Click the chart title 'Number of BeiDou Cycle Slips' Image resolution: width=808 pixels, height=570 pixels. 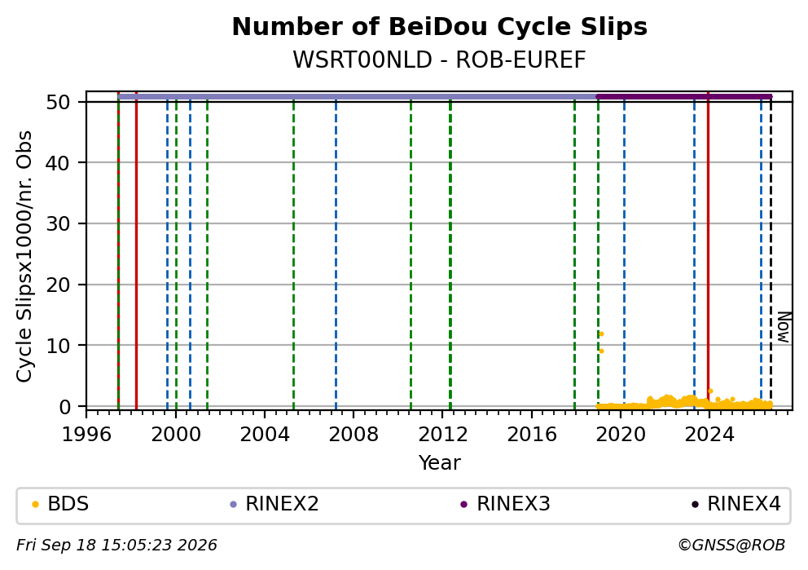pyautogui.click(x=440, y=27)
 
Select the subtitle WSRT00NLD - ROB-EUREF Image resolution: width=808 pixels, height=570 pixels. pyautogui.click(x=440, y=60)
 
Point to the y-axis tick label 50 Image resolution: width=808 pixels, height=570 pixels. pyautogui.click(x=58, y=102)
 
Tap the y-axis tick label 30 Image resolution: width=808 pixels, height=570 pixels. pyautogui.click(x=58, y=224)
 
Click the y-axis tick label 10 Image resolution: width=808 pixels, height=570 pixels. pyautogui.click(x=58, y=346)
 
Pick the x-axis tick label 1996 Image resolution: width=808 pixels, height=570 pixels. pyautogui.click(x=86, y=435)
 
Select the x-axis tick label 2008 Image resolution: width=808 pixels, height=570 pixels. pyautogui.click(x=353, y=435)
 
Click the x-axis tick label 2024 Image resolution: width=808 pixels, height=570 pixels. pyautogui.click(x=709, y=435)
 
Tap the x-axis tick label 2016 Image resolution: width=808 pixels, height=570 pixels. pyautogui.click(x=532, y=435)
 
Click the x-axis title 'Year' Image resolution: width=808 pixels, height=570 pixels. pyautogui.click(x=440, y=462)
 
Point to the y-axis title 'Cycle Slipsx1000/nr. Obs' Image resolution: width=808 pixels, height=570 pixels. pyautogui.click(x=24, y=256)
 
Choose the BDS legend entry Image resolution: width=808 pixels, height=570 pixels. pyautogui.click(x=60, y=504)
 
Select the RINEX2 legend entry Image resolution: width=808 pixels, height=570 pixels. pyautogui.click(x=274, y=504)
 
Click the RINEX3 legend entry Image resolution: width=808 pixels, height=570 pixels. pyautogui.click(x=506, y=504)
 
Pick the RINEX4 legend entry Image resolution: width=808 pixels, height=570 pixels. pyautogui.click(x=736, y=504)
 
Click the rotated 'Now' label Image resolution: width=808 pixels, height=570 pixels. pyautogui.click(x=784, y=328)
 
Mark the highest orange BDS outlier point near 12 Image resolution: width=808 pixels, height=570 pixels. pyautogui.click(x=601, y=334)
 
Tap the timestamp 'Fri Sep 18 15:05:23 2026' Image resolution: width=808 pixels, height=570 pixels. pyautogui.click(x=117, y=546)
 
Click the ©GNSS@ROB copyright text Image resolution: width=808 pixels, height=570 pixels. pyautogui.click(x=731, y=546)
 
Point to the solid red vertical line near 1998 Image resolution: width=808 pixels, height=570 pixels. pyautogui.click(x=136, y=251)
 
